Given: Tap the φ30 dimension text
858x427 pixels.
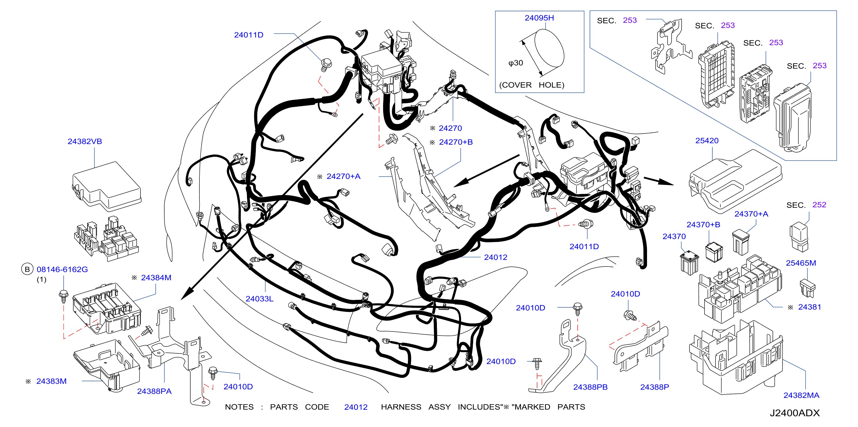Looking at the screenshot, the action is [x=515, y=63].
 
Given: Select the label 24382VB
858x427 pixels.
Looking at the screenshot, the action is [x=85, y=141].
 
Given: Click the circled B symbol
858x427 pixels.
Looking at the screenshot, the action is [x=27, y=269].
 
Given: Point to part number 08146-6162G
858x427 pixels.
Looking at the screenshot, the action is [x=62, y=269].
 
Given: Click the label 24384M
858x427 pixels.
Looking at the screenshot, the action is [x=156, y=277].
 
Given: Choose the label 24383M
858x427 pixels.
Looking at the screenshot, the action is [x=51, y=381].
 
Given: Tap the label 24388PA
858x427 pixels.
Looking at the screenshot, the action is [x=154, y=391].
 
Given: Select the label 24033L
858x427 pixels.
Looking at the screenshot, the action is [x=259, y=299].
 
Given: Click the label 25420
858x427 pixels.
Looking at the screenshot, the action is [x=707, y=140].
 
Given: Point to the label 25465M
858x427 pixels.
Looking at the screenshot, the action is [x=801, y=263].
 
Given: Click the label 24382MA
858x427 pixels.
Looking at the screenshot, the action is [x=801, y=395].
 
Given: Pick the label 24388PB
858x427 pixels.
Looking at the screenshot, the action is [x=590, y=387].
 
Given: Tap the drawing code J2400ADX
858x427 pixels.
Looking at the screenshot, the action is [x=794, y=413].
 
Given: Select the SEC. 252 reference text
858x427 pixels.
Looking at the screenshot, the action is [x=806, y=205].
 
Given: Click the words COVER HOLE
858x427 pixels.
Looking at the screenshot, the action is [x=532, y=85].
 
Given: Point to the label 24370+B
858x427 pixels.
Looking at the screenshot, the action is [x=703, y=224].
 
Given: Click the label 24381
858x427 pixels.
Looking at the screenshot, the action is [x=809, y=307].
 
